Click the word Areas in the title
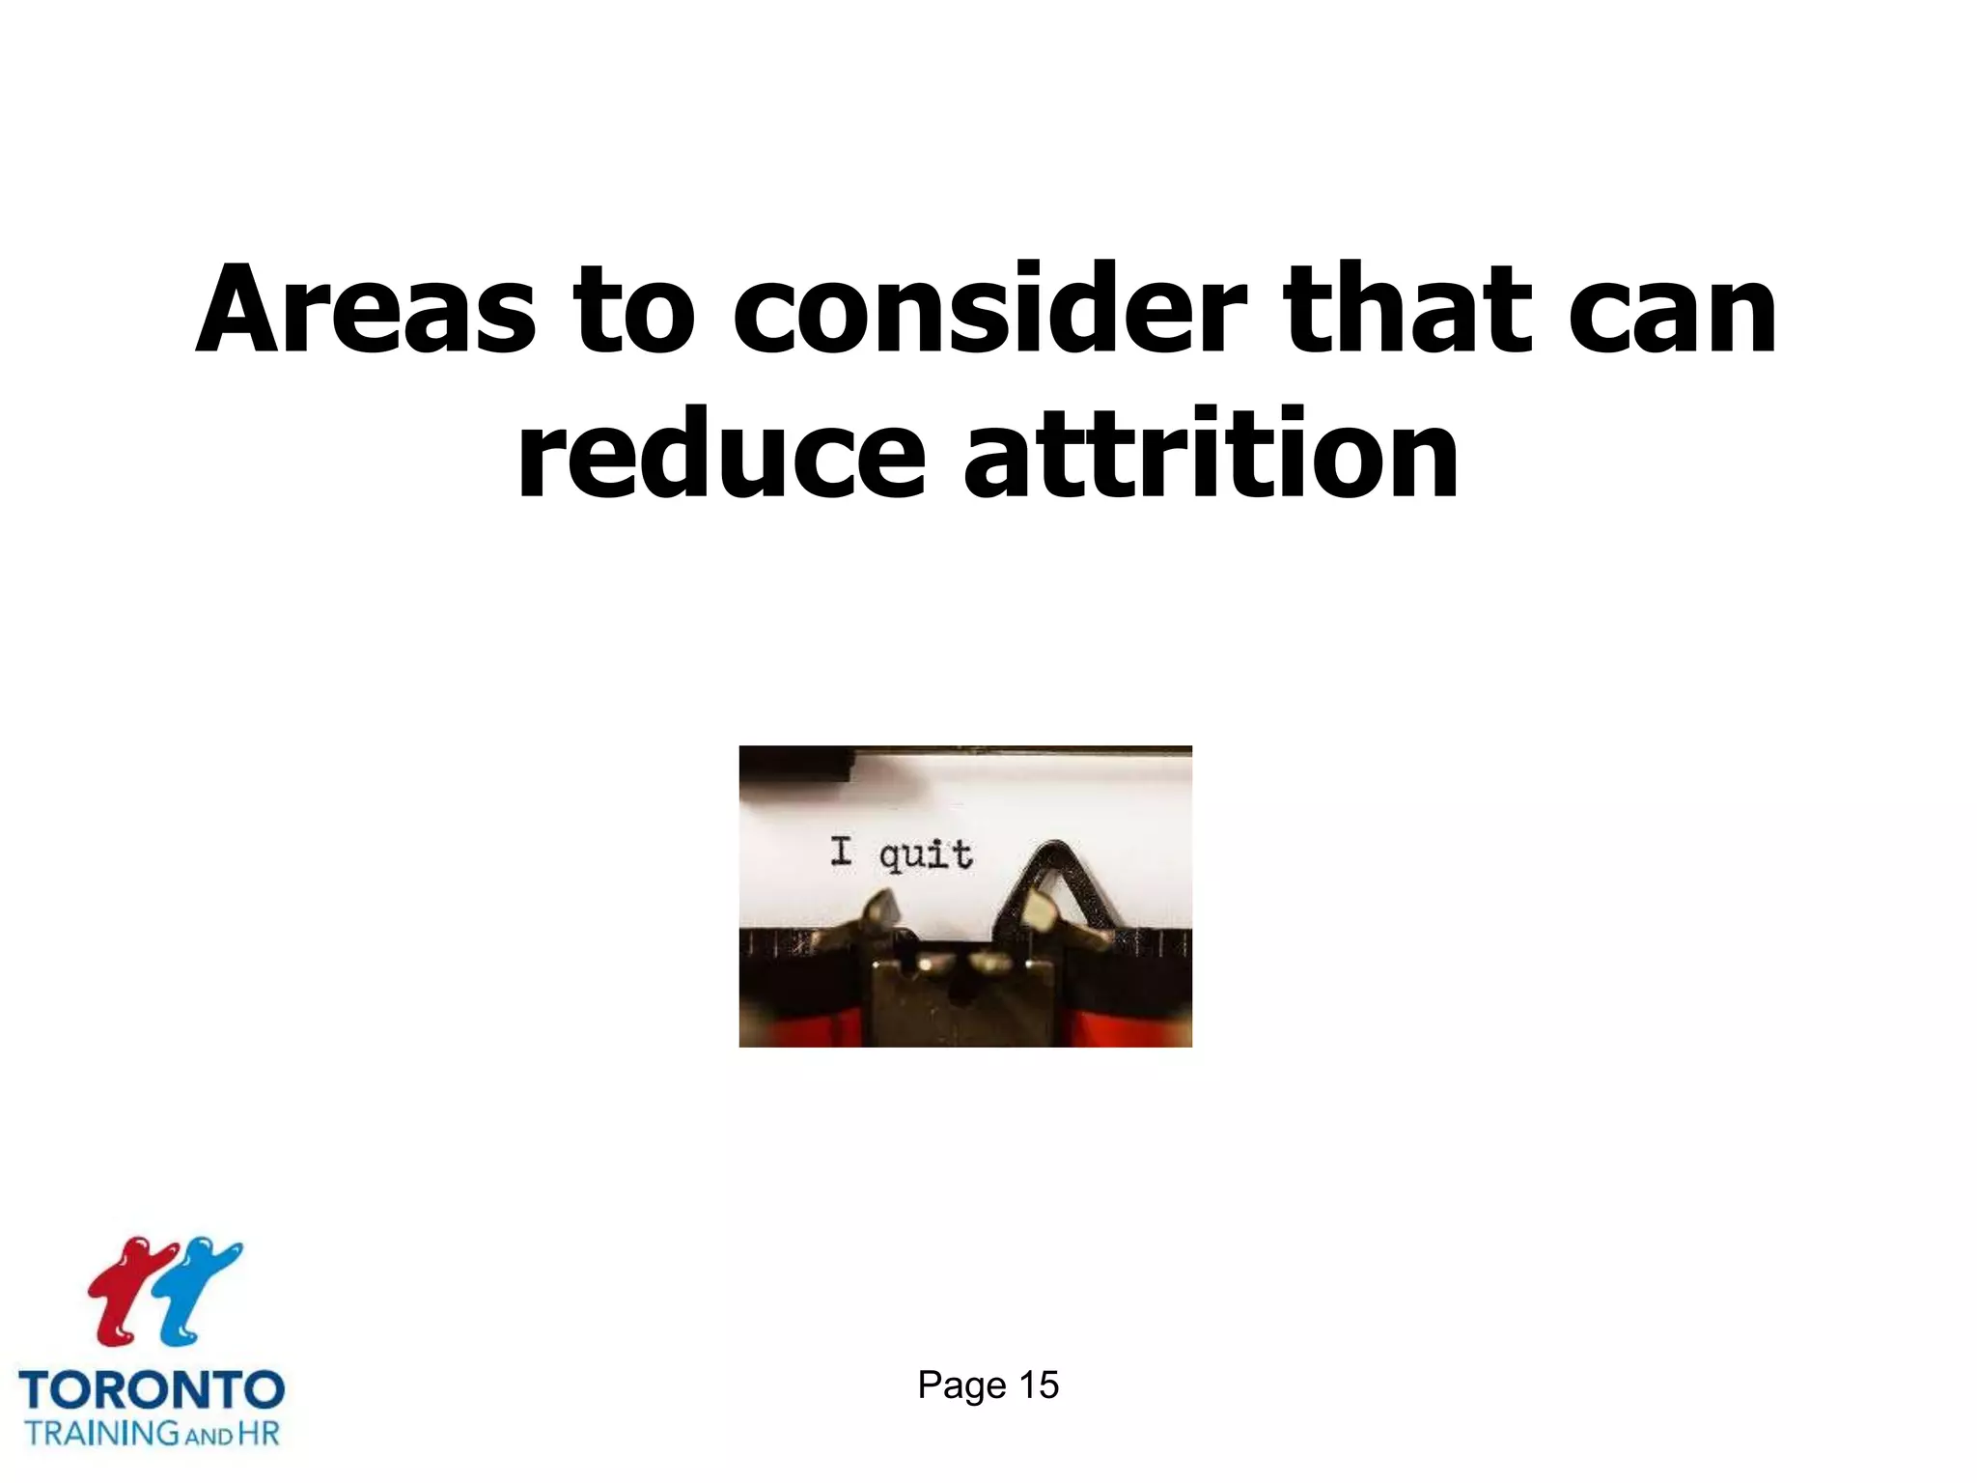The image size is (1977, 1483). tap(365, 310)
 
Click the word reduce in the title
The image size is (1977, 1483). tap(720, 455)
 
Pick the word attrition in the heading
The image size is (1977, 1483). tap(1211, 455)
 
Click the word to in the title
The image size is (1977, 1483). tap(632, 312)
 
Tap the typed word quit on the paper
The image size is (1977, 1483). tap(925, 855)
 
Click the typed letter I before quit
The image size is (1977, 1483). tap(842, 852)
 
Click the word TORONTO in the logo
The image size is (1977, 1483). tap(152, 1390)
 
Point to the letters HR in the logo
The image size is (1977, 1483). tap(258, 1432)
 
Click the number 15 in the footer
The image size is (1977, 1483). tap(1039, 1385)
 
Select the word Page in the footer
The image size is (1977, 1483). tap(961, 1385)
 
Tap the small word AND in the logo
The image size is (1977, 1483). tap(209, 1436)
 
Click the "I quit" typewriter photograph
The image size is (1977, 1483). tap(965, 896)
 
